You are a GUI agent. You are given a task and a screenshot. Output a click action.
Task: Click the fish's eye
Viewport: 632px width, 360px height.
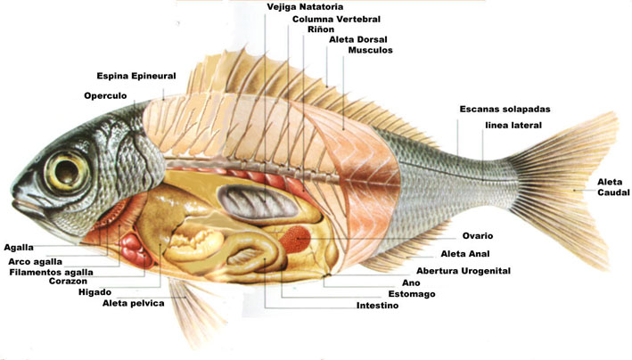coord(67,172)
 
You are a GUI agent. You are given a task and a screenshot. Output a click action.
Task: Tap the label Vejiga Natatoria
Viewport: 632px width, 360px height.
coord(305,7)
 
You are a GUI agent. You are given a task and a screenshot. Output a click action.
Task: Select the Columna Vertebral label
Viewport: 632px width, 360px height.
coord(336,19)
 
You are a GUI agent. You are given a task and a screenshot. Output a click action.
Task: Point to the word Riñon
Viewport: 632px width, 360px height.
coord(321,29)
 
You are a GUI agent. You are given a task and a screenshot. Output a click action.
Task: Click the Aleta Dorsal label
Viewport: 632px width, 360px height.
coord(358,39)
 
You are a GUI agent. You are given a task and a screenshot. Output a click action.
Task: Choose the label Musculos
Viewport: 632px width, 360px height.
coord(371,50)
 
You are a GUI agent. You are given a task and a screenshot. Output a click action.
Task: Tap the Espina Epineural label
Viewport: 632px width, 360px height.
coord(136,76)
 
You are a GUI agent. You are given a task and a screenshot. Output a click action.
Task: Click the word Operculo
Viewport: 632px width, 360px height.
coord(105,96)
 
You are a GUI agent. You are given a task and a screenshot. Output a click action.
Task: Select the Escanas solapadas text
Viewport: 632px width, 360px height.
coord(505,110)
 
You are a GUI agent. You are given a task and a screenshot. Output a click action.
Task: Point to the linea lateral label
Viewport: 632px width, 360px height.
coord(513,126)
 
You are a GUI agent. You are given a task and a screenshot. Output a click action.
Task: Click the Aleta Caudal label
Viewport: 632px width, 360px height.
coord(612,187)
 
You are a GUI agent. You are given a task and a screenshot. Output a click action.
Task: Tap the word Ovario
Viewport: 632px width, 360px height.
coord(478,236)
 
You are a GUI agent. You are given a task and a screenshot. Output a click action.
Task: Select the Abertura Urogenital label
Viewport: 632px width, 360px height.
coord(464,271)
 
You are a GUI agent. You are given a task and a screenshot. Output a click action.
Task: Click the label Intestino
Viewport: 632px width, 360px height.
coord(377,306)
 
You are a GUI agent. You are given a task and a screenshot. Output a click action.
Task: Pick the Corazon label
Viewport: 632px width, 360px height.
coord(68,281)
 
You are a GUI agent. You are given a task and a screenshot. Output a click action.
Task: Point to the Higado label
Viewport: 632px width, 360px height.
coord(94,292)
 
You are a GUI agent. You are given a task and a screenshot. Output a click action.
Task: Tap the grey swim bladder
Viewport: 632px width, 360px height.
coord(258,203)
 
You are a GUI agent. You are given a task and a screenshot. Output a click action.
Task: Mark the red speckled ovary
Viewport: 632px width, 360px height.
coord(295,238)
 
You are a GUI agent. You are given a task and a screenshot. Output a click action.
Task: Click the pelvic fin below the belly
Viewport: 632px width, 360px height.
coord(193,310)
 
